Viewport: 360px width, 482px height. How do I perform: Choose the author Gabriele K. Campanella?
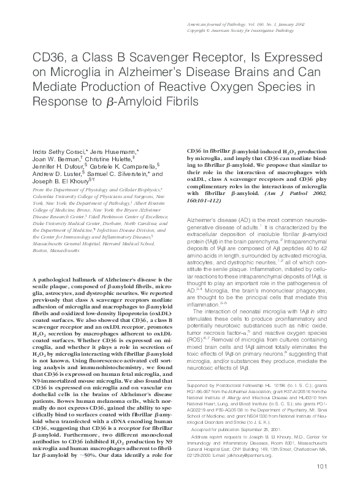[127, 166]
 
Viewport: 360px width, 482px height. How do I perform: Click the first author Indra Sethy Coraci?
[53, 150]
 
